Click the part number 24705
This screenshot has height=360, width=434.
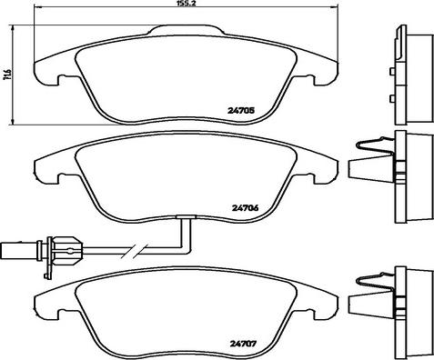click(x=240, y=111)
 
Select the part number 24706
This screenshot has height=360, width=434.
click(x=245, y=208)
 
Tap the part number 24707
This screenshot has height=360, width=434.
click(x=243, y=344)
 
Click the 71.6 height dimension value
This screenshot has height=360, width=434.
click(x=7, y=75)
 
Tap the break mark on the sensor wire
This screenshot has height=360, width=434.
click(x=134, y=250)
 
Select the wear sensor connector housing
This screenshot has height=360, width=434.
click(x=66, y=250)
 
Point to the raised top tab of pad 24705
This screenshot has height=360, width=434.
click(x=187, y=30)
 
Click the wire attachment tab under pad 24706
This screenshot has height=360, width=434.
click(x=187, y=216)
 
